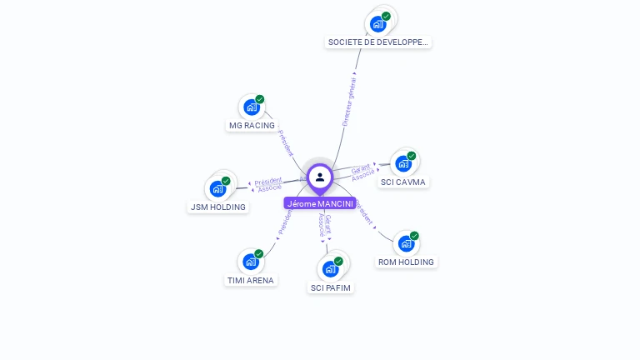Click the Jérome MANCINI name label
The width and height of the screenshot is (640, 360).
click(x=320, y=203)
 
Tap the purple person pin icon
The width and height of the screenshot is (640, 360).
click(x=320, y=177)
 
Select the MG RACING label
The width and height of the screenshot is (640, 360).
click(x=252, y=126)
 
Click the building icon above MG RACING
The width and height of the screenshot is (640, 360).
click(x=251, y=107)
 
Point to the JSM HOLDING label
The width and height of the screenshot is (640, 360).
click(x=218, y=207)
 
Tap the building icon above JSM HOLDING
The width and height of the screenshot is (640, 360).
click(x=217, y=188)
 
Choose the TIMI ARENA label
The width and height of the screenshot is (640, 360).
click(x=251, y=280)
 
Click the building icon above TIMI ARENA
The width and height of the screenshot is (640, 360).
click(x=251, y=262)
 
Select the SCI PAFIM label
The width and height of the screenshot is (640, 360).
click(x=331, y=287)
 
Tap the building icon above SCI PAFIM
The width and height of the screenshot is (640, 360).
click(x=330, y=269)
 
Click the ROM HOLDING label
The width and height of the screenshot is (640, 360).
click(x=406, y=262)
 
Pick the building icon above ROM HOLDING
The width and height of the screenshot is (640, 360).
click(x=406, y=243)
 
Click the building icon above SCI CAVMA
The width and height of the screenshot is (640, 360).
click(x=403, y=163)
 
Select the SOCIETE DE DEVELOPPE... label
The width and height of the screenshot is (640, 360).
click(x=379, y=42)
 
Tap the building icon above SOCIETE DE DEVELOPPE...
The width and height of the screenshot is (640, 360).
click(x=378, y=23)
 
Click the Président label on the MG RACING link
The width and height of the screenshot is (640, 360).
click(x=286, y=142)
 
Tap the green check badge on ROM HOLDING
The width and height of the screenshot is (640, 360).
click(x=414, y=236)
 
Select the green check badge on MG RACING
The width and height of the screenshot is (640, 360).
click(x=260, y=99)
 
